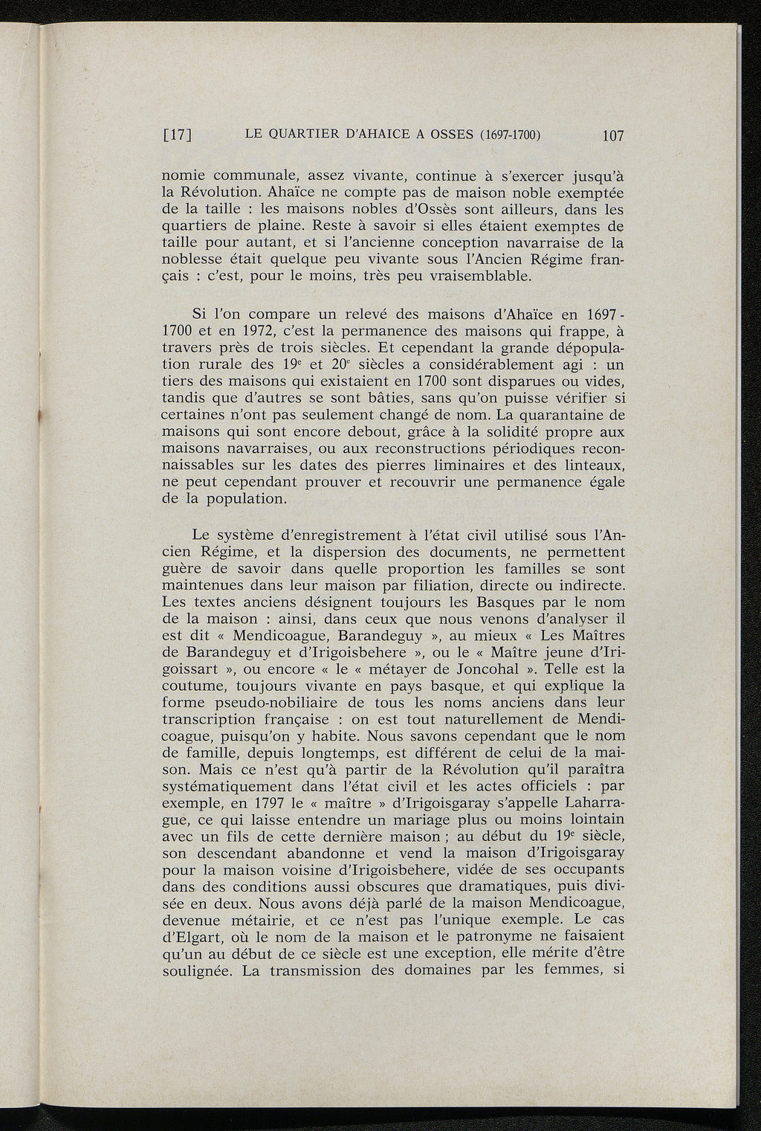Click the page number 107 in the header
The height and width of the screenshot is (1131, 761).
613,135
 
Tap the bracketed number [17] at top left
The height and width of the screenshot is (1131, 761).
178,135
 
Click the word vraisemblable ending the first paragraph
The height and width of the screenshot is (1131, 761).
486,277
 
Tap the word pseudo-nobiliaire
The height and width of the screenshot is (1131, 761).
281,703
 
